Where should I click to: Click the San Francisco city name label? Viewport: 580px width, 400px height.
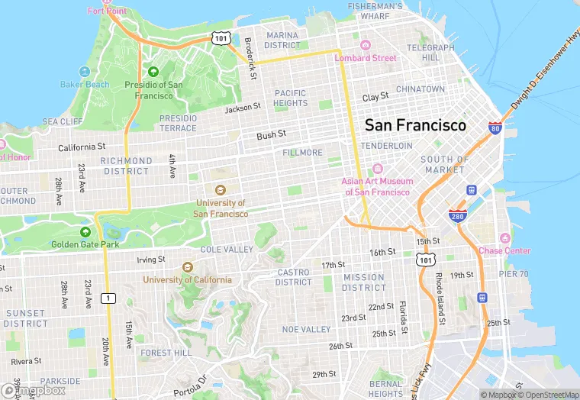point(415,125)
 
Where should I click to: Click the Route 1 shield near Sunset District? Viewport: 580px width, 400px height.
point(110,297)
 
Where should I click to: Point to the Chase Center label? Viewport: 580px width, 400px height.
point(504,250)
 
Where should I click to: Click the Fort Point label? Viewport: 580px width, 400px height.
point(106,11)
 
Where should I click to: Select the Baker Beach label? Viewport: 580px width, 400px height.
point(85,84)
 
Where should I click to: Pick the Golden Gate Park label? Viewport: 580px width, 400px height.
point(85,244)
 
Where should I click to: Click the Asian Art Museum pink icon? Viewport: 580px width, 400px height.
point(375,169)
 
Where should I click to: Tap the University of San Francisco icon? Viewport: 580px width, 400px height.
point(221,190)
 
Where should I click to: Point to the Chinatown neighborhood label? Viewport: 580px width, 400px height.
point(420,89)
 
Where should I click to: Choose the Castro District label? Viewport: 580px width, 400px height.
point(293,277)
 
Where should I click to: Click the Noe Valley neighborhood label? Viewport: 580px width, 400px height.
point(306,329)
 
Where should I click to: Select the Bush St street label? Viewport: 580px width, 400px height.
point(271,135)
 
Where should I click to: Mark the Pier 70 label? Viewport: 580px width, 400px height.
point(513,274)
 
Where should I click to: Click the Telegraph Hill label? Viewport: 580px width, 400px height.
point(431,53)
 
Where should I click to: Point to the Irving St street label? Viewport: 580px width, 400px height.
point(150,260)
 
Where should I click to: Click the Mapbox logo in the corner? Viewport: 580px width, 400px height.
point(34,390)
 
